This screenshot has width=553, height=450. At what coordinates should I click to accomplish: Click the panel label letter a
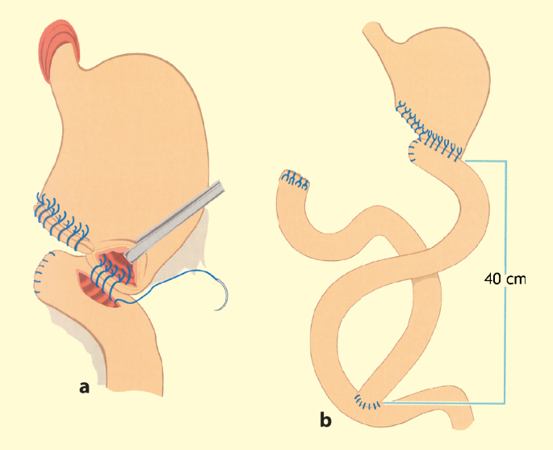click(84, 387)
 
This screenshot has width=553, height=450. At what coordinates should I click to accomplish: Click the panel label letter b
click(325, 419)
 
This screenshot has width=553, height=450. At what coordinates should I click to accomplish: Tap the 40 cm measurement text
click(505, 280)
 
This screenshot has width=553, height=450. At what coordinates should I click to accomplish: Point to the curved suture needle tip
click(216, 309)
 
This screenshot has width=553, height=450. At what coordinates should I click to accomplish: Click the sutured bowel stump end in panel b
click(294, 180)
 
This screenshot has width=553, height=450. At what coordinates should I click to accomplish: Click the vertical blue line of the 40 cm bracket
click(505, 282)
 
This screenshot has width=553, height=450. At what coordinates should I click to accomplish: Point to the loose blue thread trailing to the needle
click(170, 287)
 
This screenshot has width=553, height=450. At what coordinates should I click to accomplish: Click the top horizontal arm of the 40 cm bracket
click(485, 162)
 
